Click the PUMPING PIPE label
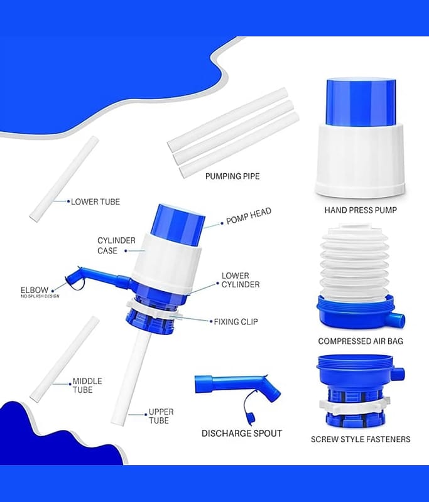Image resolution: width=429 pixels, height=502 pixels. click(x=232, y=176)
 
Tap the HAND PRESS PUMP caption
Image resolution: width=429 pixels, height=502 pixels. click(x=361, y=210)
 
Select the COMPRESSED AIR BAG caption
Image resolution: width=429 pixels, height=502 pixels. click(x=361, y=341)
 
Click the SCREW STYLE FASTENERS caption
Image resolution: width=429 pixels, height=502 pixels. click(x=361, y=439)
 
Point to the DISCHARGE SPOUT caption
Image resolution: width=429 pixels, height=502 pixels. click(x=242, y=433)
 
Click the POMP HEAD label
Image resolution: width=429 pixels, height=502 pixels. click(x=249, y=216)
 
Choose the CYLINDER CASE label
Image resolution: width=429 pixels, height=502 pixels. click(x=116, y=245)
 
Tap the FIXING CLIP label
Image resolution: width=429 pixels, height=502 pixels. click(x=236, y=321)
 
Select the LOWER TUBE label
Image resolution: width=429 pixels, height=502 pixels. click(x=95, y=201)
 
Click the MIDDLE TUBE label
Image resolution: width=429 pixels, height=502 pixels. click(x=87, y=385)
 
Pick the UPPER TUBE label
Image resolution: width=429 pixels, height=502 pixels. click(x=161, y=416)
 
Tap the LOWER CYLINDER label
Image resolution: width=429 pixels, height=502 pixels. click(x=241, y=280)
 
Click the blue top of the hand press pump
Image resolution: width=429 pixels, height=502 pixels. click(x=361, y=102)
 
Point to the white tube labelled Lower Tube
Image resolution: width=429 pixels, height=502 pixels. click(x=64, y=178)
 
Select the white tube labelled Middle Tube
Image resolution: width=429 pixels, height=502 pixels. click(x=65, y=358)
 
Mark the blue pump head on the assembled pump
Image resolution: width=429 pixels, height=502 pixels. click(x=178, y=226)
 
